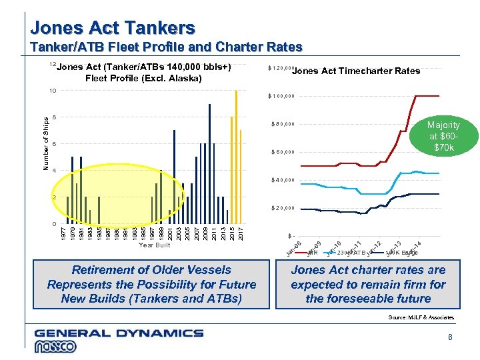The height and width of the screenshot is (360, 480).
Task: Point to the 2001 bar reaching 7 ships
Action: (x=175, y=177)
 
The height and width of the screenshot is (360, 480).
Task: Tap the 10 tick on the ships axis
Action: (x=53, y=90)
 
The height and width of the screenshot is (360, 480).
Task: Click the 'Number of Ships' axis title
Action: (x=46, y=143)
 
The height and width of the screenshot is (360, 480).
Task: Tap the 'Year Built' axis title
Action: (x=154, y=245)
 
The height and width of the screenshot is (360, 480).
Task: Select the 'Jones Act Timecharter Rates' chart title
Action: (x=357, y=71)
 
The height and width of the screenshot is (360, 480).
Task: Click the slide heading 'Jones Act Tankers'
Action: (x=113, y=28)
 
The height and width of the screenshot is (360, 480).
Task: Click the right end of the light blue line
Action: (x=438, y=173)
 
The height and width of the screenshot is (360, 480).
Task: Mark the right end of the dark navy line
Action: (x=438, y=193)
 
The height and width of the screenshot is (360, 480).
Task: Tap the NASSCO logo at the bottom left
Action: (x=56, y=347)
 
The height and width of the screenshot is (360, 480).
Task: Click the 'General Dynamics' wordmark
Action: (x=119, y=333)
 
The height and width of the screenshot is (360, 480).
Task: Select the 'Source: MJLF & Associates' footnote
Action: (x=421, y=317)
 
